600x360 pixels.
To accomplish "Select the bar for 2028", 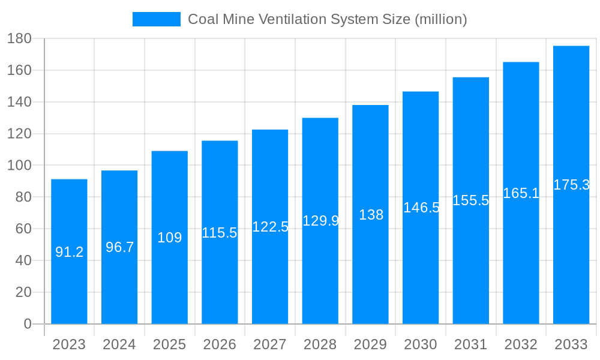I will (320, 270).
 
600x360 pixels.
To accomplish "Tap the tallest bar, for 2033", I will (571, 252).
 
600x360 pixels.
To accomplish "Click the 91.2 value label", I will (69, 253).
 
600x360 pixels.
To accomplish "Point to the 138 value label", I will (371, 215).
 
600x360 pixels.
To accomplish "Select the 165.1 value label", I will (521, 193).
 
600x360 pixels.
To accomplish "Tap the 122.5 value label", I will (270, 227).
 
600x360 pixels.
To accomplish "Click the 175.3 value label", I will (571, 185).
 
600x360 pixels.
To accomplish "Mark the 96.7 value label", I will (119, 247).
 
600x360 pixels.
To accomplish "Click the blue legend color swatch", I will (156, 19).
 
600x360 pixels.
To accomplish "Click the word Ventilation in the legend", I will (292, 19).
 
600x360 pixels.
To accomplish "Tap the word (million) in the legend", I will (440, 19).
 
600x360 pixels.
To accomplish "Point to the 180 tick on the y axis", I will (19, 38).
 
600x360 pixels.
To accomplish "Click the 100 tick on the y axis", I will (19, 166).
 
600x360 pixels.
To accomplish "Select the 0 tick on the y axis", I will (27, 324).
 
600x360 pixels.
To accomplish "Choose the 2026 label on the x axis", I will (220, 344).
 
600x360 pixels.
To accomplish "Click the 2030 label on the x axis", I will (421, 344).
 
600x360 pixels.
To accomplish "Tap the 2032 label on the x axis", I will (521, 344).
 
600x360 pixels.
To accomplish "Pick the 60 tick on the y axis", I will (23, 229).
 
